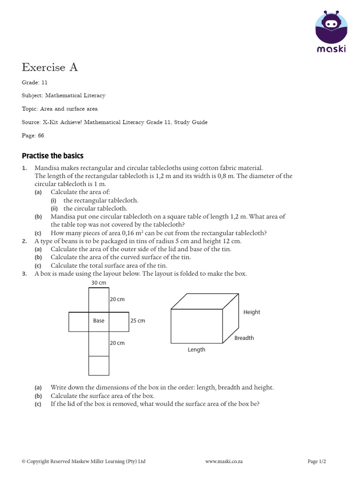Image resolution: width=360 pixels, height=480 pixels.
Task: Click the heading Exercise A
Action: point(50,67)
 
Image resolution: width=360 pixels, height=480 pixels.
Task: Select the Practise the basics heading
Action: point(52,156)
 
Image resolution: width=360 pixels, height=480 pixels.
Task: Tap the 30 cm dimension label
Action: point(98,283)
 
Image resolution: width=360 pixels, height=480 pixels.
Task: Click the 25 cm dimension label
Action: point(137,321)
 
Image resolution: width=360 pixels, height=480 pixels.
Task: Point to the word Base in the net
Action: point(98,321)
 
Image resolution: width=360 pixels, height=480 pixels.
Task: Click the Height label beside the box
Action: point(252,312)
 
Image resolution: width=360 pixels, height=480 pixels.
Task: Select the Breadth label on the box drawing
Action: point(244,338)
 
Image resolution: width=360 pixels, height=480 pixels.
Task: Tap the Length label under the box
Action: point(196,350)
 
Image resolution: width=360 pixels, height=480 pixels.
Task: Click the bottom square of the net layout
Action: point(98,366)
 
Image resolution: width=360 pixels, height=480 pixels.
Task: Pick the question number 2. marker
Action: point(24,241)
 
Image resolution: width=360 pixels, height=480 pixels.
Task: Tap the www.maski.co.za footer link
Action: point(224,461)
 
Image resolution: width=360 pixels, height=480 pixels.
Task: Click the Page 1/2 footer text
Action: point(316,461)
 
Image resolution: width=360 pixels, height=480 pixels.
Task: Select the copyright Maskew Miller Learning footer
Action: point(83,461)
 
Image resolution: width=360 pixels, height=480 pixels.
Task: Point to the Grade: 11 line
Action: point(35,82)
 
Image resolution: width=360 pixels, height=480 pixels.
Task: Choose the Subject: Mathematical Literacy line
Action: point(63,96)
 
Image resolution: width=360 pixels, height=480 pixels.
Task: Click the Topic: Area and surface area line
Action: point(60,109)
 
